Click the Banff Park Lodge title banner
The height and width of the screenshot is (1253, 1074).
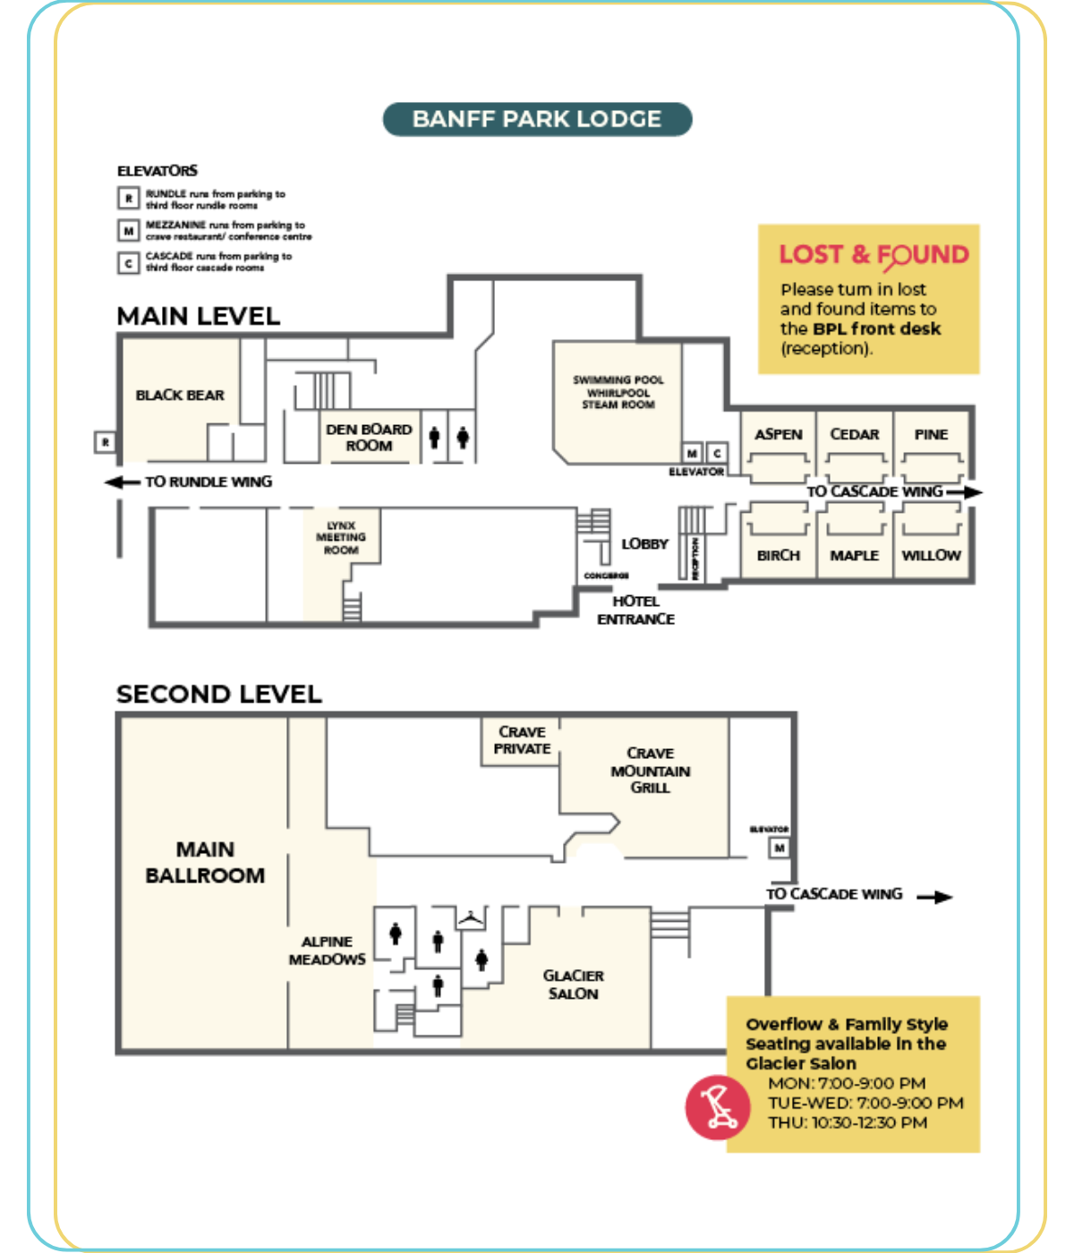[x=537, y=119]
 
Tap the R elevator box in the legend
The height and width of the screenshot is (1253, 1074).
[x=129, y=198]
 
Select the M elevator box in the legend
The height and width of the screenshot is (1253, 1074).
[x=129, y=231]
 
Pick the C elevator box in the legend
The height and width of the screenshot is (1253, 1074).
[x=129, y=262]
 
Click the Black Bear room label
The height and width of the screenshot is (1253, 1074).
[x=180, y=396]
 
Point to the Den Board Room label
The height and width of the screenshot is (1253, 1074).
[x=369, y=438]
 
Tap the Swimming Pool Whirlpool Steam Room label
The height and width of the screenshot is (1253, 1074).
[x=618, y=392]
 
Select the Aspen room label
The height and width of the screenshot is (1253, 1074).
[x=779, y=434]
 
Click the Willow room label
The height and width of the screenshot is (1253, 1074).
[x=931, y=556]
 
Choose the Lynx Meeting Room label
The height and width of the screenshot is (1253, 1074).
[x=341, y=538]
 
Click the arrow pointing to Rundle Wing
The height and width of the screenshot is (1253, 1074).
[x=121, y=482]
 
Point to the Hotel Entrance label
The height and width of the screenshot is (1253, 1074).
[x=635, y=610]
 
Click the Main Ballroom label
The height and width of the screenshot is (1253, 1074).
[x=205, y=862]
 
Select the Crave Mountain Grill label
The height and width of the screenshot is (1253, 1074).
[x=651, y=771]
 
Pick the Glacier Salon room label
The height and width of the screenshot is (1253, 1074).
[x=574, y=984]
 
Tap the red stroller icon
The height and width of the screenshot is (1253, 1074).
[x=717, y=1107]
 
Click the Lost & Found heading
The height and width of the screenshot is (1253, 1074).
[x=874, y=255]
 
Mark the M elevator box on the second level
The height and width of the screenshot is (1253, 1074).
[x=780, y=848]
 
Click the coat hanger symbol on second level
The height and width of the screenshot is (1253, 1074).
[x=472, y=917]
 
